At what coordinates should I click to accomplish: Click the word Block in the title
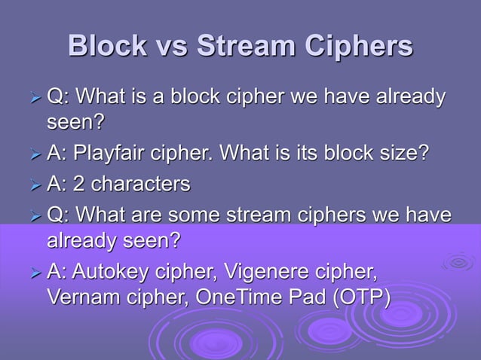[x=105, y=46]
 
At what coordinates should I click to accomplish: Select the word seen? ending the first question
[x=75, y=121]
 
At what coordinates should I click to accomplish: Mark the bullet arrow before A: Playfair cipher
[x=32, y=155]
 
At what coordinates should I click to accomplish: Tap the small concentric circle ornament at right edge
[x=458, y=263]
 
